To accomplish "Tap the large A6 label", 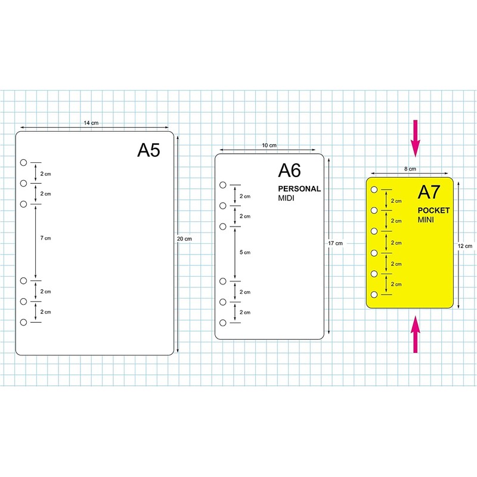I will click(x=289, y=171).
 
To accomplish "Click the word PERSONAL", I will click(x=299, y=189).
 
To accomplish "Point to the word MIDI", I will click(x=287, y=198).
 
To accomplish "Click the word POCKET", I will click(x=433, y=210).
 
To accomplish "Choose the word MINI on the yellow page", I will click(x=426, y=220).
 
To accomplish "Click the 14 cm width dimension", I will click(x=91, y=123).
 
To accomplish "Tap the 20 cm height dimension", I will click(x=185, y=239).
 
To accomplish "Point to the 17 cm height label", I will click(x=336, y=243).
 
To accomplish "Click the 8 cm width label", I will click(x=410, y=169).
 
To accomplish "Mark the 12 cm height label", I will click(x=465, y=245).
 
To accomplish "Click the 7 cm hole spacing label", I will click(x=46, y=238).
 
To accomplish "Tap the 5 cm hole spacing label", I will click(x=245, y=253).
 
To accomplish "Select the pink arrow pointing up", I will click(x=416, y=334).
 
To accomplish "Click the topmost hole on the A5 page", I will click(x=23, y=162).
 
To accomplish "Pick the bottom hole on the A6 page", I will click(x=222, y=323).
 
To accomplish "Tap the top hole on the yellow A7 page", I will click(x=374, y=190).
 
